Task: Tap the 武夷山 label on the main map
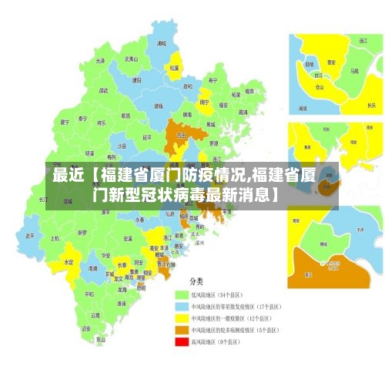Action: point(131,59)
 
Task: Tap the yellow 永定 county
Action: point(69,260)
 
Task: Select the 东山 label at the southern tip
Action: point(100,339)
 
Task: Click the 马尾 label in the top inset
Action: point(353,70)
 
